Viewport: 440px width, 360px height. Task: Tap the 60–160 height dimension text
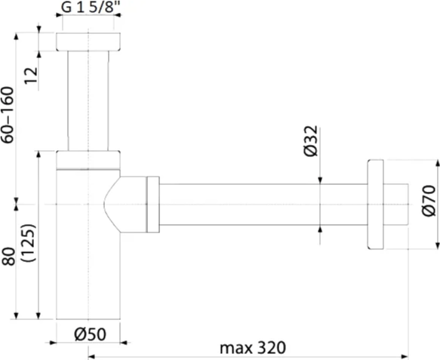(x=8, y=115)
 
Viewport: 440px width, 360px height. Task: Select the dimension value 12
(x=31, y=75)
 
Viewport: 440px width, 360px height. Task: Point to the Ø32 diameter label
(x=311, y=141)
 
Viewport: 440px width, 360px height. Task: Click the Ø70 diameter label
(x=429, y=201)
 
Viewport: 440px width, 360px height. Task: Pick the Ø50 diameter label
(x=91, y=334)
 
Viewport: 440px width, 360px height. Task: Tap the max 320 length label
(x=253, y=348)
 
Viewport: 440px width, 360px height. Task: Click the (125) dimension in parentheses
(x=29, y=243)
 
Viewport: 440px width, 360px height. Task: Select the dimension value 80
(x=8, y=256)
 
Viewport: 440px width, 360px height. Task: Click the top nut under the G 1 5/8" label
(x=88, y=42)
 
